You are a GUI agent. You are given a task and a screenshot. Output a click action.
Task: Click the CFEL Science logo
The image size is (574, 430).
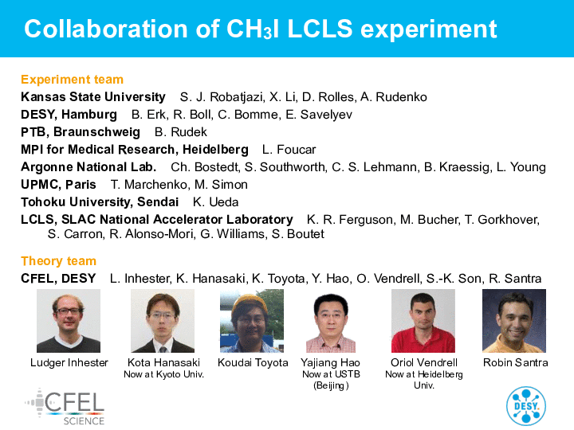65,407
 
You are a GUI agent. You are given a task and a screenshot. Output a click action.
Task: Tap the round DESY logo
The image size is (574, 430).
526,406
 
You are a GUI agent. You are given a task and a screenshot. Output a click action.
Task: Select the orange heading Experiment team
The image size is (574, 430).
72,80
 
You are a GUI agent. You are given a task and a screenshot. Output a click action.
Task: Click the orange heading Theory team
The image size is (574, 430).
58,260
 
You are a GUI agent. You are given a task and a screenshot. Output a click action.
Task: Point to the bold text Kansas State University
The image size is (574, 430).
93,97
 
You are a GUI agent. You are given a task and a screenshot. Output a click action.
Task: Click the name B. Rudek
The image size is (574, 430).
181,132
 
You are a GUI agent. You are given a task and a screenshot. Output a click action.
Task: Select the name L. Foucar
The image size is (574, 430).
289,150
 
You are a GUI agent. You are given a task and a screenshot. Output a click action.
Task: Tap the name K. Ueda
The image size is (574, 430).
215,201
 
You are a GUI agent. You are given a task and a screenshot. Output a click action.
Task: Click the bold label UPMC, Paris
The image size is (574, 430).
58,184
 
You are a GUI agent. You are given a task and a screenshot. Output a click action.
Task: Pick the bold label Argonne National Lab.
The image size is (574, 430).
88,166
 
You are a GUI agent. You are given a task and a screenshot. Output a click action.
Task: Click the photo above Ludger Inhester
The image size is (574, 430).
69,321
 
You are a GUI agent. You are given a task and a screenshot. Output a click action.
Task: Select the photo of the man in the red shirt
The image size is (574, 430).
423,321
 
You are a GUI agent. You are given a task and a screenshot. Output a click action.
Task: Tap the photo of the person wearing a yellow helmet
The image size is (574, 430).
252,321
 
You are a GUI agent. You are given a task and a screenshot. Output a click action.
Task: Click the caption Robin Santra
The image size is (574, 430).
516,362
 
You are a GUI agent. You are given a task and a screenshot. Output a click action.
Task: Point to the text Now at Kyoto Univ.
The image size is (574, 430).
163,374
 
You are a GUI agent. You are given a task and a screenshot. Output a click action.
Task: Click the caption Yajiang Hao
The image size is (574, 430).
331,362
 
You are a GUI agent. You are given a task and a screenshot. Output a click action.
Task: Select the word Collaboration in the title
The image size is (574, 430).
106,29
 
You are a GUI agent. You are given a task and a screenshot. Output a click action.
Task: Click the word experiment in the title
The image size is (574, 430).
429,30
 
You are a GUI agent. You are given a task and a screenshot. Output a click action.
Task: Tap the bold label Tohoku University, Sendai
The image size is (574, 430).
100,201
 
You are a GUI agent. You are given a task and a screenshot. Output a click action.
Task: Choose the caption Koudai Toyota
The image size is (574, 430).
253,362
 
